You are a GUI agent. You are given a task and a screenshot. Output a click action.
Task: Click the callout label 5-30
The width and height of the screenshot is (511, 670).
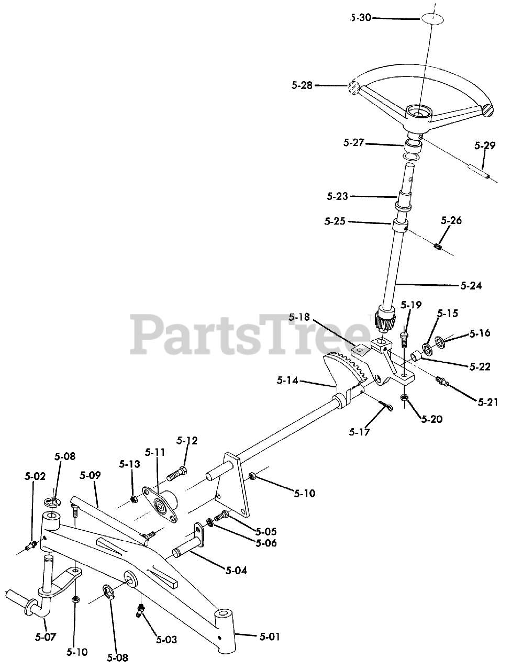point(361,18)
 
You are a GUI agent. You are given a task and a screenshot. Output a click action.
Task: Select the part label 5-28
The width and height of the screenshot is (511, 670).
point(302,85)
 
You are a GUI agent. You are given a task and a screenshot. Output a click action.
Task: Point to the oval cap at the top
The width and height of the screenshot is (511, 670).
point(431,18)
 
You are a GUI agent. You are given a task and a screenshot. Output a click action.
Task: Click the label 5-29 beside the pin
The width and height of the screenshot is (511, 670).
point(485,146)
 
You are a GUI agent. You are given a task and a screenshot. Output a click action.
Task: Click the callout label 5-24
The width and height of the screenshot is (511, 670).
point(471,286)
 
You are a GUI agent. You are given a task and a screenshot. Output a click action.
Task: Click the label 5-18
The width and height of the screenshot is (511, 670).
point(299,317)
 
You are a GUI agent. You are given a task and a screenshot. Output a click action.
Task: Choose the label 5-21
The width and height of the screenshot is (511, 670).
point(487,402)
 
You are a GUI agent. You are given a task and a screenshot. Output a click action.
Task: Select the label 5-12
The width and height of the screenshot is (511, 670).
point(187,441)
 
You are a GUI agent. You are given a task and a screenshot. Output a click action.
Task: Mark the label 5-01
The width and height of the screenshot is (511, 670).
point(270,636)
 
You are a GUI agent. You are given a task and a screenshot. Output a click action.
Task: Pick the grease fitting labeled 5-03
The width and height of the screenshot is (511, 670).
point(141,610)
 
